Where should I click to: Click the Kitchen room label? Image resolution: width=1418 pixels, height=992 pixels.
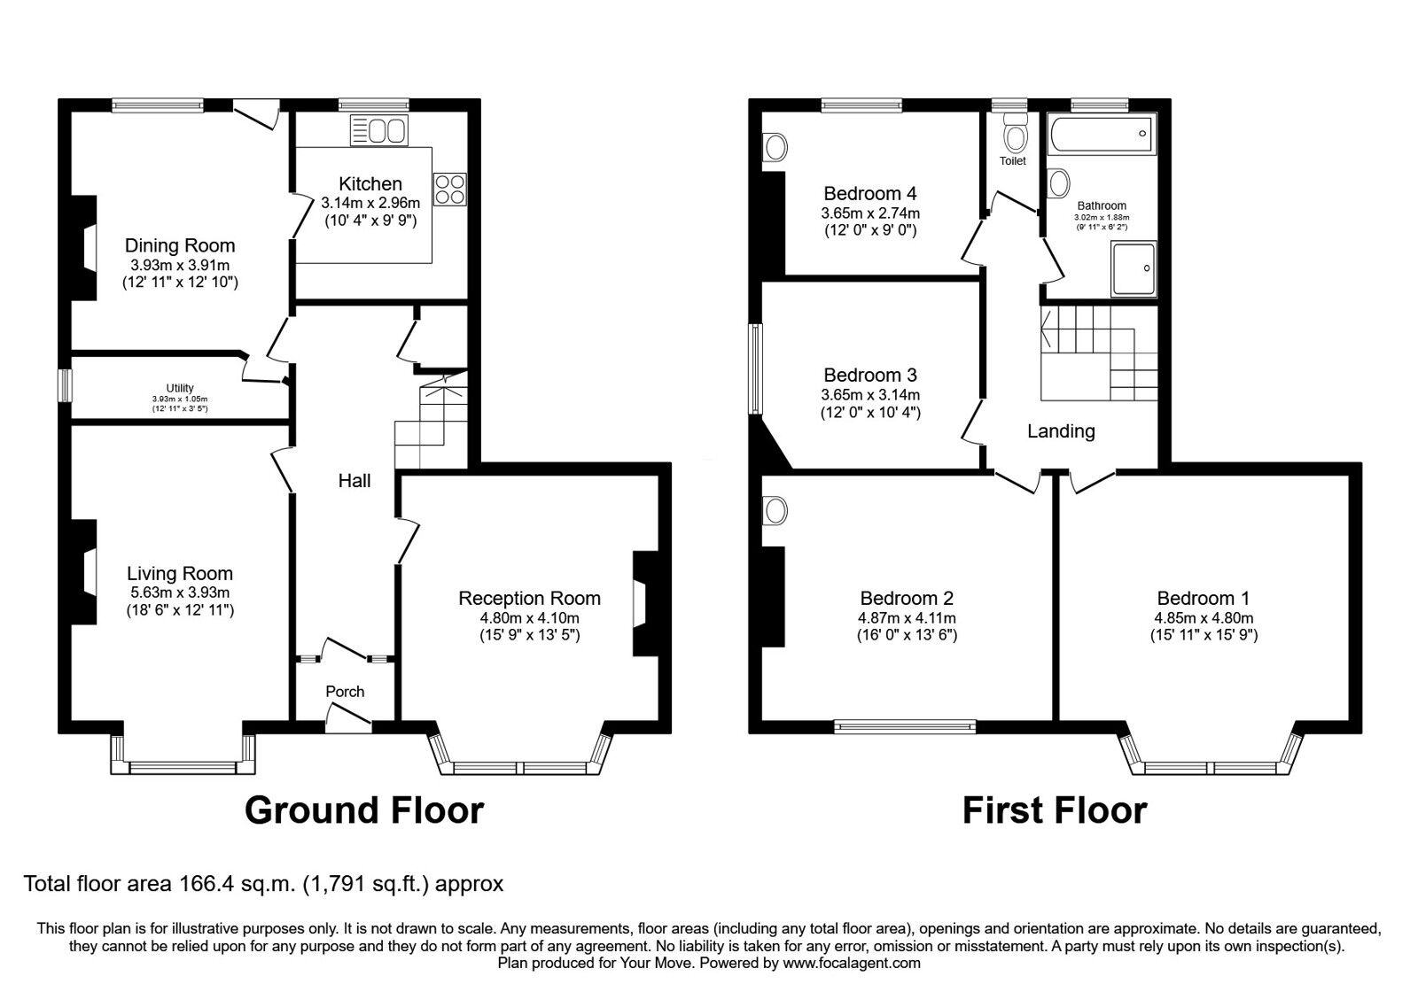click(x=370, y=184)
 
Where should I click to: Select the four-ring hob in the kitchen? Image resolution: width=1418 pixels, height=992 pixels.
click(x=449, y=189)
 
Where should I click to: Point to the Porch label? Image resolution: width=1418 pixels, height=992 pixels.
click(x=345, y=692)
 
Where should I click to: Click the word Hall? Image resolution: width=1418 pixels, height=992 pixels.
click(x=354, y=481)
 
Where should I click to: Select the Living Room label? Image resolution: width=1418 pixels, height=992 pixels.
click(x=180, y=574)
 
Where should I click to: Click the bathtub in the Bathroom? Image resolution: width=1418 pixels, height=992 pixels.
click(x=1102, y=135)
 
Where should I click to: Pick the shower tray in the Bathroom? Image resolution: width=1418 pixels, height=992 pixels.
click(x=1133, y=269)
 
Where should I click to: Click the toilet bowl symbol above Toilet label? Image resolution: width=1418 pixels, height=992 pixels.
click(x=1014, y=136)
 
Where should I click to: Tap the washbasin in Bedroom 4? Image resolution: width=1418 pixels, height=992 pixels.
click(x=775, y=147)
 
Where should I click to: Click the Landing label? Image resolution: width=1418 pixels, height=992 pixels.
click(x=1061, y=431)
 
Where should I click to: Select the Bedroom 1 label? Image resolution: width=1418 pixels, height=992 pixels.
click(x=1204, y=599)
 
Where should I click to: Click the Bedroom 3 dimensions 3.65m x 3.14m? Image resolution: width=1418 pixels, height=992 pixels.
click(x=870, y=395)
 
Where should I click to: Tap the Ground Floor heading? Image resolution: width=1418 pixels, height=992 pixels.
click(x=364, y=810)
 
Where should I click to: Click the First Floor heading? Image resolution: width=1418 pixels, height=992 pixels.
click(x=1055, y=810)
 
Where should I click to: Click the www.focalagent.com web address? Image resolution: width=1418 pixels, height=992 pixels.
click(x=852, y=963)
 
